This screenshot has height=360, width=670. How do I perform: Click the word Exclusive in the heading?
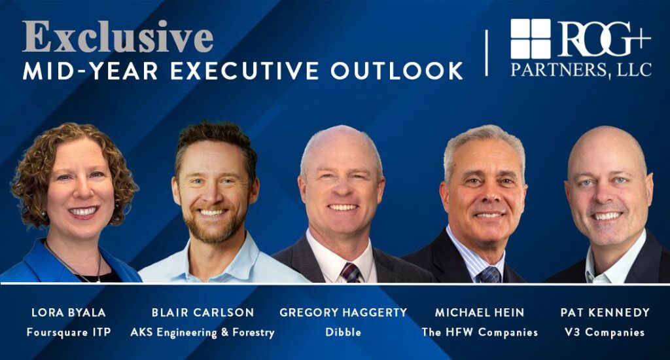(x=118, y=37)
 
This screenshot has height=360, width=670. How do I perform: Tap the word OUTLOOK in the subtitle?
(x=397, y=71)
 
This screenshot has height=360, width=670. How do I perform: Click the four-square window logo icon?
(x=530, y=39)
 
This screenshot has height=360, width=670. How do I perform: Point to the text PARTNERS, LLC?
(x=581, y=69)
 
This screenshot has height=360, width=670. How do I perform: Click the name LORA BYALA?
(x=68, y=312)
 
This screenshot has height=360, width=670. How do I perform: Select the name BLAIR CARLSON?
(x=203, y=312)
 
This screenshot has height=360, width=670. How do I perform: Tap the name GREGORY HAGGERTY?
(x=343, y=312)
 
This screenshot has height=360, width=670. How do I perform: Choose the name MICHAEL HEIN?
(x=480, y=312)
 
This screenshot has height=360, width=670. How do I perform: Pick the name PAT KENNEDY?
(x=605, y=312)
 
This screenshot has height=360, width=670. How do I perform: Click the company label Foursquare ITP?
(x=69, y=333)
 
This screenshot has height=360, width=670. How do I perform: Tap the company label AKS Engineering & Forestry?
(x=203, y=333)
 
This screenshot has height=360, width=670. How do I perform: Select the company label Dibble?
(x=343, y=332)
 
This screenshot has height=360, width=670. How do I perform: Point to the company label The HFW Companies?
(x=480, y=333)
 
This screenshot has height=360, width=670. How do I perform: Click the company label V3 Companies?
(x=605, y=333)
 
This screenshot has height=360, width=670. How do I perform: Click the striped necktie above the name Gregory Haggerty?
(x=351, y=273)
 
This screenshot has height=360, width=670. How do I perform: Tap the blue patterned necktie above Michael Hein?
(x=489, y=275)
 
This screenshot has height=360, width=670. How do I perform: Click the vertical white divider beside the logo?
(x=486, y=53)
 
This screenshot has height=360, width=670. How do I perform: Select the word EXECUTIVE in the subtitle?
(x=245, y=71)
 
